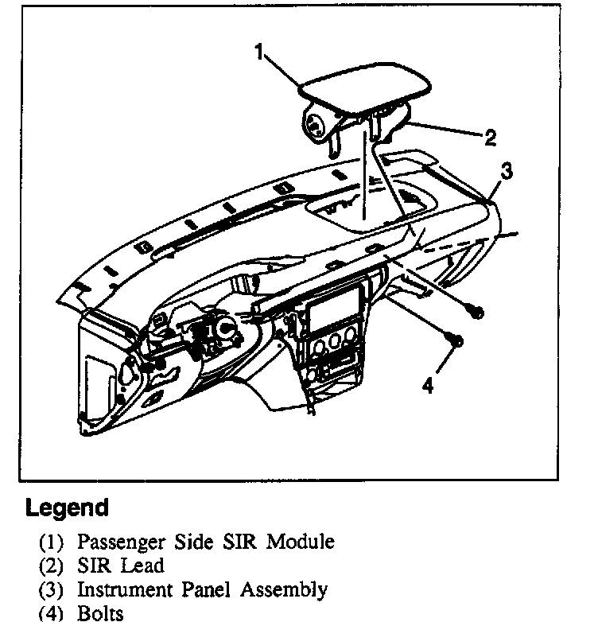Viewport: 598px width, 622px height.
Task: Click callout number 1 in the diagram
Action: (259, 52)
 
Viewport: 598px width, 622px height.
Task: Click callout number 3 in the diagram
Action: (506, 170)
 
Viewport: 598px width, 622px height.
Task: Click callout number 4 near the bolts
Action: (428, 385)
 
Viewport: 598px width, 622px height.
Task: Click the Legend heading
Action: (67, 507)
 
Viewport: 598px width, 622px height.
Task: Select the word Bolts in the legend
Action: (99, 613)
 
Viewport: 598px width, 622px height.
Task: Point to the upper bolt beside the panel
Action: (476, 312)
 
